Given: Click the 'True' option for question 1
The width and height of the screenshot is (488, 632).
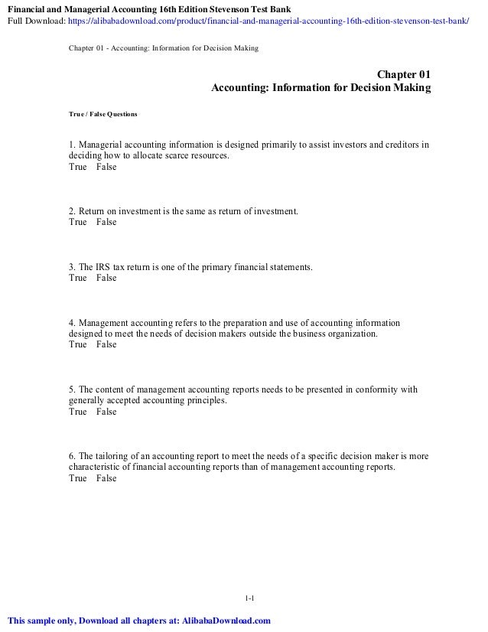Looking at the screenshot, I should (78, 167).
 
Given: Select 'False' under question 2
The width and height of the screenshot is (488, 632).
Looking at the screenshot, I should (107, 223).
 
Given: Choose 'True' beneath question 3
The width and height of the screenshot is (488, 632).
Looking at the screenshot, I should (78, 278).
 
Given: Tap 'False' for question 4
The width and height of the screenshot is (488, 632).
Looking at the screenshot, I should (107, 345).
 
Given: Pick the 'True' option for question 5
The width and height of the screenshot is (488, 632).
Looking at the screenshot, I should (78, 412).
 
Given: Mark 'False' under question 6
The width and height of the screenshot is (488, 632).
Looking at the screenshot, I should (107, 478).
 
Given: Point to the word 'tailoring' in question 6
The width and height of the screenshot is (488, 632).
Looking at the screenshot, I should (113, 455).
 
